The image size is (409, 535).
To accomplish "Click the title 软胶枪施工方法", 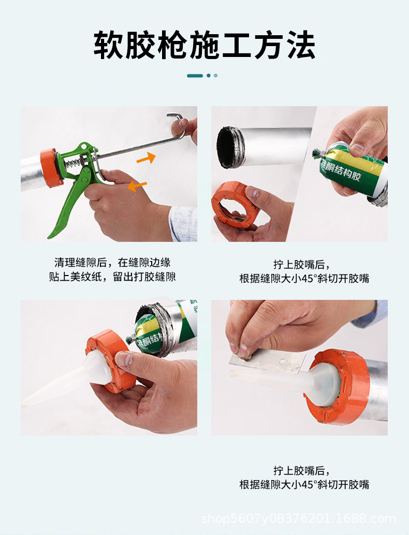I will tap(204, 45).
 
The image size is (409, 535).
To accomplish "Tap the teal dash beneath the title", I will tap(195, 76).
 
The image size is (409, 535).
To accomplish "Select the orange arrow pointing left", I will tap(137, 185).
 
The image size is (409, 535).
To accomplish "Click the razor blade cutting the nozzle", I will tap(269, 362).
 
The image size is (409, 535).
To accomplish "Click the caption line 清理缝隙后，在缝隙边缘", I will tap(112, 263).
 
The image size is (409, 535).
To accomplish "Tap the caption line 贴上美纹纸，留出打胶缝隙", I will tap(112, 277).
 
